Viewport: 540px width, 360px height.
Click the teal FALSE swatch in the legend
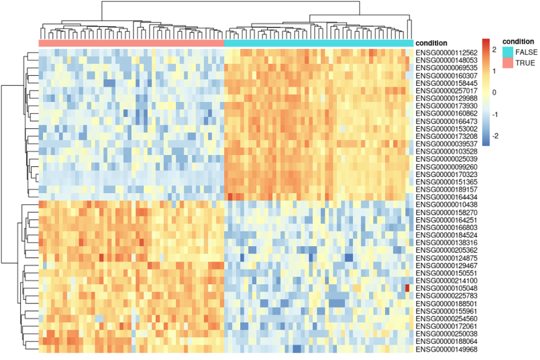click(507, 52)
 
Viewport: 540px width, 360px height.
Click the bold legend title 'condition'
click(517, 41)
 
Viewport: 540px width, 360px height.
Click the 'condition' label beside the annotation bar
click(432, 44)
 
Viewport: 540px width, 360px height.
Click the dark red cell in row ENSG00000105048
click(407, 288)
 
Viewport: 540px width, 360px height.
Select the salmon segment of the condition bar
click(131, 44)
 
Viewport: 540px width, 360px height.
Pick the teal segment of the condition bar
click(318, 44)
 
